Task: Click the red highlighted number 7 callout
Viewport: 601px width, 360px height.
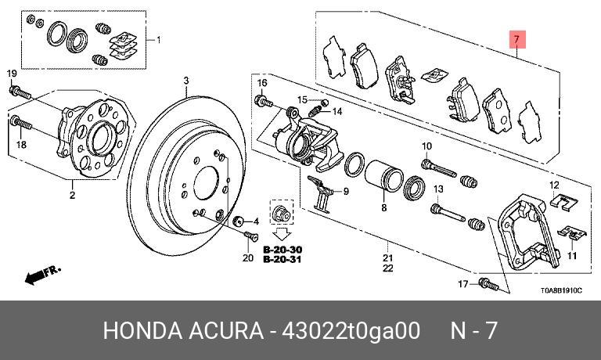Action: [x=517, y=39]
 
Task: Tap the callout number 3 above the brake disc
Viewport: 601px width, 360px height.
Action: [x=186, y=81]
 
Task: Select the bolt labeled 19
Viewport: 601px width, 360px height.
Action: [x=20, y=92]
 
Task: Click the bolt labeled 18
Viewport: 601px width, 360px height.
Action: [x=21, y=123]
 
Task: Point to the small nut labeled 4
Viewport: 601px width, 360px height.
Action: [x=239, y=221]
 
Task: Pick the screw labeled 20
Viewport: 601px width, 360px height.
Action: [x=251, y=236]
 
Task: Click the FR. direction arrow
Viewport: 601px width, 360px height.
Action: [x=42, y=275]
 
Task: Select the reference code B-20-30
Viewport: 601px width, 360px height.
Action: [x=283, y=250]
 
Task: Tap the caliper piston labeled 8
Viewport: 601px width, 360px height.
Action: [x=383, y=176]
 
